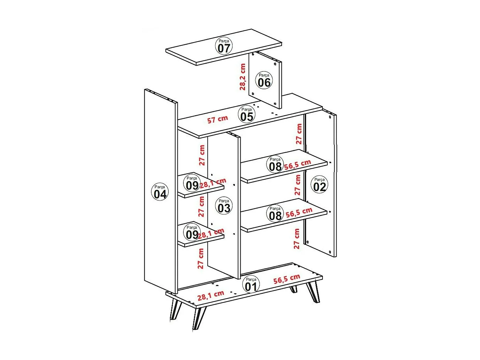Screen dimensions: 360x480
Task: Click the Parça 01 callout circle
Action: (251, 284)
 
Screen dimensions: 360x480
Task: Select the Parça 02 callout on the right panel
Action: (319, 184)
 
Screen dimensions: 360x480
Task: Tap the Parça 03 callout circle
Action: (224, 206)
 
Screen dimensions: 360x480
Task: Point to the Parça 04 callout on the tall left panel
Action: (160, 192)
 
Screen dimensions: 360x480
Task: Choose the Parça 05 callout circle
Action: (247, 114)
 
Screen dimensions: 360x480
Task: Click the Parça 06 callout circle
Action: (264, 80)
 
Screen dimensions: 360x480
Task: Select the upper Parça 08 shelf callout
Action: (275, 164)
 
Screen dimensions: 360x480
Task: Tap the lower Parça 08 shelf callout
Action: (275, 213)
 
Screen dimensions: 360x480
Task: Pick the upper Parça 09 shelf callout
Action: (192, 183)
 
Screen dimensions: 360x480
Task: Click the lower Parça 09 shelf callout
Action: (192, 232)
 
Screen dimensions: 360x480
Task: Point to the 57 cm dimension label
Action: (218, 120)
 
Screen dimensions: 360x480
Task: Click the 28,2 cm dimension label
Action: (243, 77)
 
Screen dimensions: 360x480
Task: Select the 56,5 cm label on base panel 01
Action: (287, 279)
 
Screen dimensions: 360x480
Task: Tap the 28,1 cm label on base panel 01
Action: (211, 296)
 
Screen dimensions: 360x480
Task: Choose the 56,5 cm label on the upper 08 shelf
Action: (298, 164)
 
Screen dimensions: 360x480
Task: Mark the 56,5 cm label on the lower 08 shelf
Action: (299, 212)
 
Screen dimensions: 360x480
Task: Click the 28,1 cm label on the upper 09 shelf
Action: (213, 183)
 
